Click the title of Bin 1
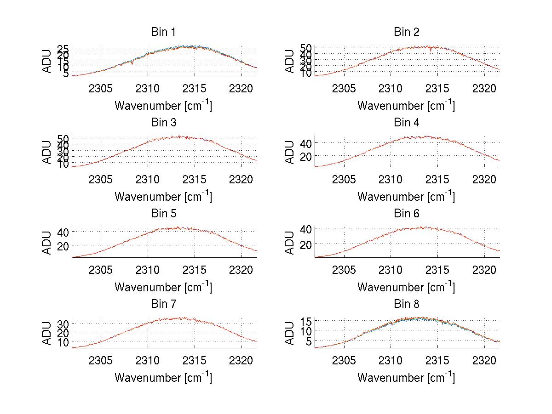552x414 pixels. pos(163,32)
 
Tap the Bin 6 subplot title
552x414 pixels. pos(407,214)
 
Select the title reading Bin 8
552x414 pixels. pos(407,304)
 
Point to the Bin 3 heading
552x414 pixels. pos(163,123)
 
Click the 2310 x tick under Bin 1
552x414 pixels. pos(148,88)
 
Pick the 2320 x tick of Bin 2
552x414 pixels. pos(484,88)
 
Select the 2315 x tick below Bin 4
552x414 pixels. pos(437,179)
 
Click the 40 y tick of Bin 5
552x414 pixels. pos(63,232)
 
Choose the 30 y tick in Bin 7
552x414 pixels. pos(63,324)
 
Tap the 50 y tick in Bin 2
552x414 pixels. pos(306,48)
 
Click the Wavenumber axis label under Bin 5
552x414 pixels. pos(163,287)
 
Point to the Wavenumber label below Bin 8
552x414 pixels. pos(406,378)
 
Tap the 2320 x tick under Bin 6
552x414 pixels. pos(484,270)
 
